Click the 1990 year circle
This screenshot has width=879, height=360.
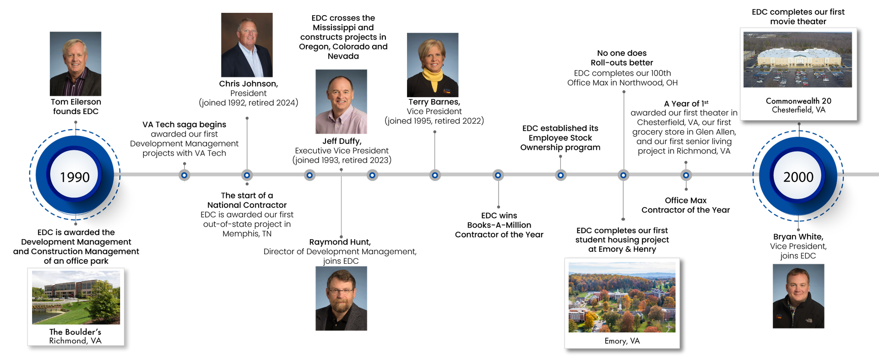pyautogui.click(x=75, y=175)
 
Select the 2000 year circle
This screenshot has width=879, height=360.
pyautogui.click(x=798, y=175)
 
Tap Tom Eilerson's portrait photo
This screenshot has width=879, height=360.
pyautogui.click(x=76, y=64)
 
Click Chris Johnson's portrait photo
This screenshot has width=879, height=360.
pyautogui.click(x=247, y=45)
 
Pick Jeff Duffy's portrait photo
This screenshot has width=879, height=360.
pyautogui.click(x=341, y=102)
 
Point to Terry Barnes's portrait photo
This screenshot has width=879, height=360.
pyautogui.click(x=433, y=65)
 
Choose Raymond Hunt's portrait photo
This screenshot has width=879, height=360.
pyautogui.click(x=341, y=298)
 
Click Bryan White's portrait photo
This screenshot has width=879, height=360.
pyautogui.click(x=798, y=296)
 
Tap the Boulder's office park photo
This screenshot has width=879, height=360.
pyautogui.click(x=76, y=297)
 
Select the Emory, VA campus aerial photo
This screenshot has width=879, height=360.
pyautogui.click(x=622, y=297)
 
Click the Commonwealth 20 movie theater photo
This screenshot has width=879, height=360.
pyautogui.click(x=798, y=60)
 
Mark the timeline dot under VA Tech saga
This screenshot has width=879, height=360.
pyautogui.click(x=184, y=175)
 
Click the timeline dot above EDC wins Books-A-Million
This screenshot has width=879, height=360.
pyautogui.click(x=498, y=175)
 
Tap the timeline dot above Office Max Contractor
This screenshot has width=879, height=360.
pyautogui.click(x=686, y=175)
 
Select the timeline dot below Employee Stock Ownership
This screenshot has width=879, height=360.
pyautogui.click(x=561, y=175)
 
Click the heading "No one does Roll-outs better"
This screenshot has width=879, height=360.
pyautogui.click(x=622, y=58)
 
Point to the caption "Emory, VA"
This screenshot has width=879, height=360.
pyautogui.click(x=622, y=341)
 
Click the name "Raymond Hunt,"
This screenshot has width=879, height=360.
pyautogui.click(x=340, y=242)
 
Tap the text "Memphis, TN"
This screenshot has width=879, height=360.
pyautogui.click(x=247, y=234)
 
